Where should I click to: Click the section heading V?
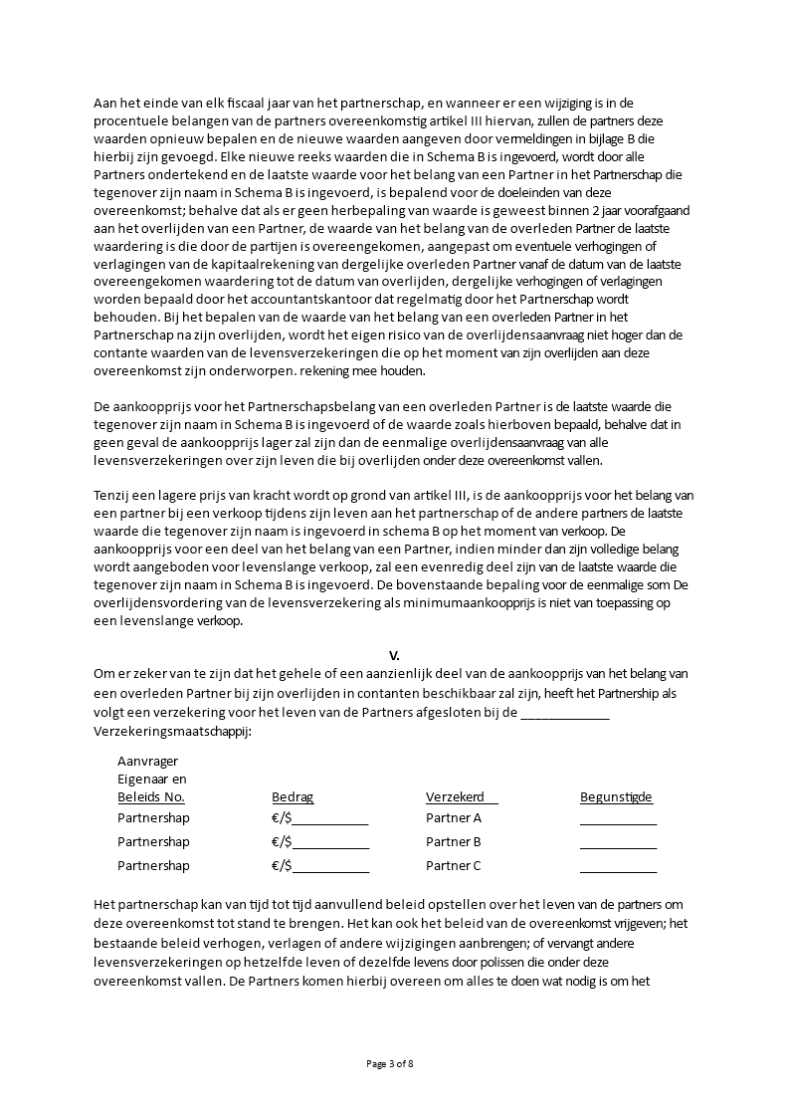coord(394,655)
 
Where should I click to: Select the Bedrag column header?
coord(293,797)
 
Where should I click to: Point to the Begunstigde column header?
coord(616,797)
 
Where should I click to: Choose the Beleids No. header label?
coord(151,797)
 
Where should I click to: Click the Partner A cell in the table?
coord(454,818)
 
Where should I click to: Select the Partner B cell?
coord(454,842)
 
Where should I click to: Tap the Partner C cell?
coord(454,866)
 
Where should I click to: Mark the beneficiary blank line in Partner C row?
coord(618,868)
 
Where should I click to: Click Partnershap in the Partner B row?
coord(153,842)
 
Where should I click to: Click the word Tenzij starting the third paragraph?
coord(111,495)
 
